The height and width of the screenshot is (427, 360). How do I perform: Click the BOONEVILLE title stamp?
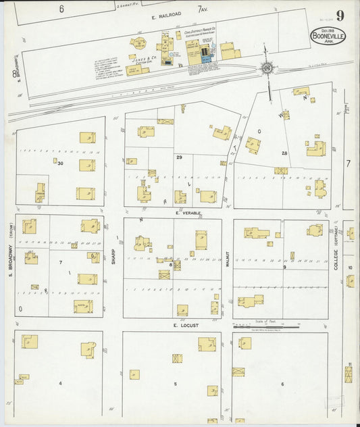point(328,36)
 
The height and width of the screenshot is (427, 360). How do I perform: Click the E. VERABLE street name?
point(188,212)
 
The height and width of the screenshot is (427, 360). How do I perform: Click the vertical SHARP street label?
point(113,257)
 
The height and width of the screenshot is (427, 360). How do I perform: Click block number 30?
point(61,163)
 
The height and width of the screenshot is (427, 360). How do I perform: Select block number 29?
point(179,157)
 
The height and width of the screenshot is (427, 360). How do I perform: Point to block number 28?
point(284,154)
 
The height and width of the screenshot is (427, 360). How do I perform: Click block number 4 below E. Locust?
point(61,383)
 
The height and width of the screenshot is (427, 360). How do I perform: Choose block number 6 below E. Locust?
point(282,384)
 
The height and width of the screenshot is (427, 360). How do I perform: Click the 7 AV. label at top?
point(202,9)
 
